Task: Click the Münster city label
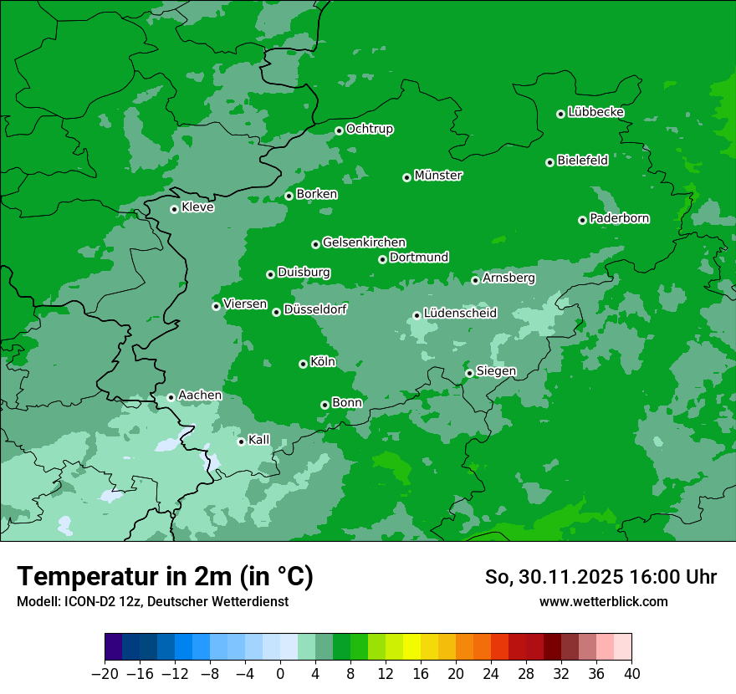438,176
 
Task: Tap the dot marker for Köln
303,364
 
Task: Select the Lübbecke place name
595,112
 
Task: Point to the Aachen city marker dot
171,397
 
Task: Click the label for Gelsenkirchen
364,242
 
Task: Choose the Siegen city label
496,371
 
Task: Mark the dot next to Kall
241,441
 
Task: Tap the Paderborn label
619,218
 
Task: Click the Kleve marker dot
174,209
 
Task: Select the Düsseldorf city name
315,309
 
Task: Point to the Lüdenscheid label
460,314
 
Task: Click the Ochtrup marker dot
339,130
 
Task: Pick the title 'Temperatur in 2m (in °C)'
165,577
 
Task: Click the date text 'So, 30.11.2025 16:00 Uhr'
601,577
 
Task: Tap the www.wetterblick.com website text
603,601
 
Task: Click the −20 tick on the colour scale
104,674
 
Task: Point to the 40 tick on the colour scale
631,674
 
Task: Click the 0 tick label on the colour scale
280,674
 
